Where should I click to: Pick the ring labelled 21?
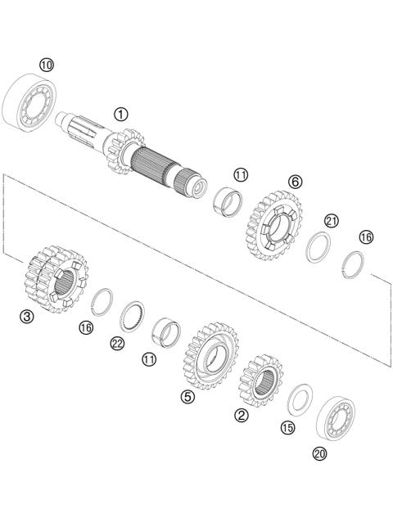pyautogui.click(x=319, y=246)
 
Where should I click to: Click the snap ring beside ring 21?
pyautogui.click(x=353, y=264)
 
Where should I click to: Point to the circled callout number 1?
pyautogui.click(x=121, y=114)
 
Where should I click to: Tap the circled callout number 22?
pyautogui.click(x=117, y=344)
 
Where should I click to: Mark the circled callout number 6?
pyautogui.click(x=295, y=182)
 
